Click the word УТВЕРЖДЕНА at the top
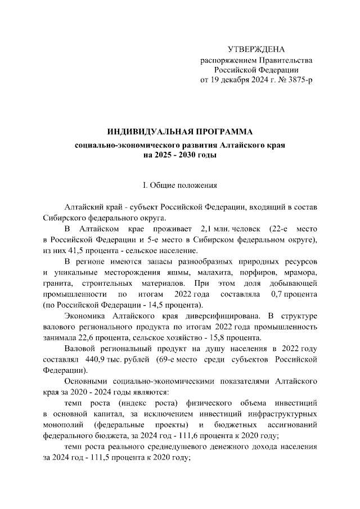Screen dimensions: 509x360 (256, 49)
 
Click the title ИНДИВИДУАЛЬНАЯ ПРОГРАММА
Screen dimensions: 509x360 (181, 132)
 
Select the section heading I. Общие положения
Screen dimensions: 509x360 (180, 185)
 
